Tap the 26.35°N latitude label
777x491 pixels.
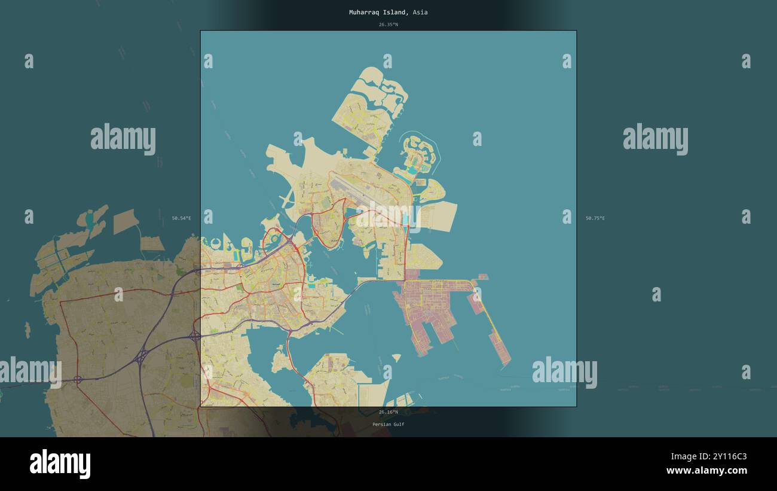[x=388, y=25]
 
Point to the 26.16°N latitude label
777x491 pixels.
[x=388, y=412]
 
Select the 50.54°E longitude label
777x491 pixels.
[x=181, y=218]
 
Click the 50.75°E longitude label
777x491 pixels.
[x=595, y=218]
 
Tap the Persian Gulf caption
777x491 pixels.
[x=388, y=424]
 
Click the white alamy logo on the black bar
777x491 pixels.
[x=60, y=463]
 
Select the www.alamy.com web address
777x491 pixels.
[x=706, y=471]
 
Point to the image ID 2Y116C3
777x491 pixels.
[x=726, y=457]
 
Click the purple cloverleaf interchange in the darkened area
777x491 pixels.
[x=142, y=358]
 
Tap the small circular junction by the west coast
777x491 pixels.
[x=78, y=379]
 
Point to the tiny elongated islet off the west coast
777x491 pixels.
[x=27, y=329]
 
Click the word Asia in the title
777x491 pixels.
[x=420, y=12]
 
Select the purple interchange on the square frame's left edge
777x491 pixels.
[x=195, y=336]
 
